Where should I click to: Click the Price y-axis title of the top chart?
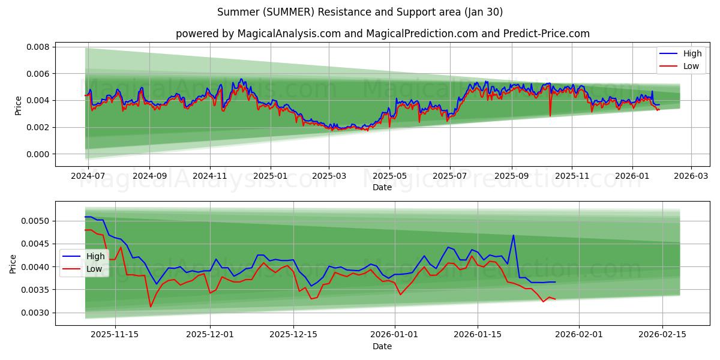[x=18, y=105]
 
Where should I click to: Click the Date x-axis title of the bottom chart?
[x=382, y=346]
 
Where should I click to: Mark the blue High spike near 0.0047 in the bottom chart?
[x=513, y=235]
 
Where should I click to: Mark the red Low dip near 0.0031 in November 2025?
[x=151, y=307]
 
